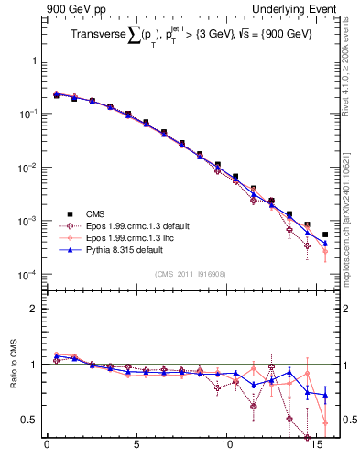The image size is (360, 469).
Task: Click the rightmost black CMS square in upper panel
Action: (325, 235)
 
